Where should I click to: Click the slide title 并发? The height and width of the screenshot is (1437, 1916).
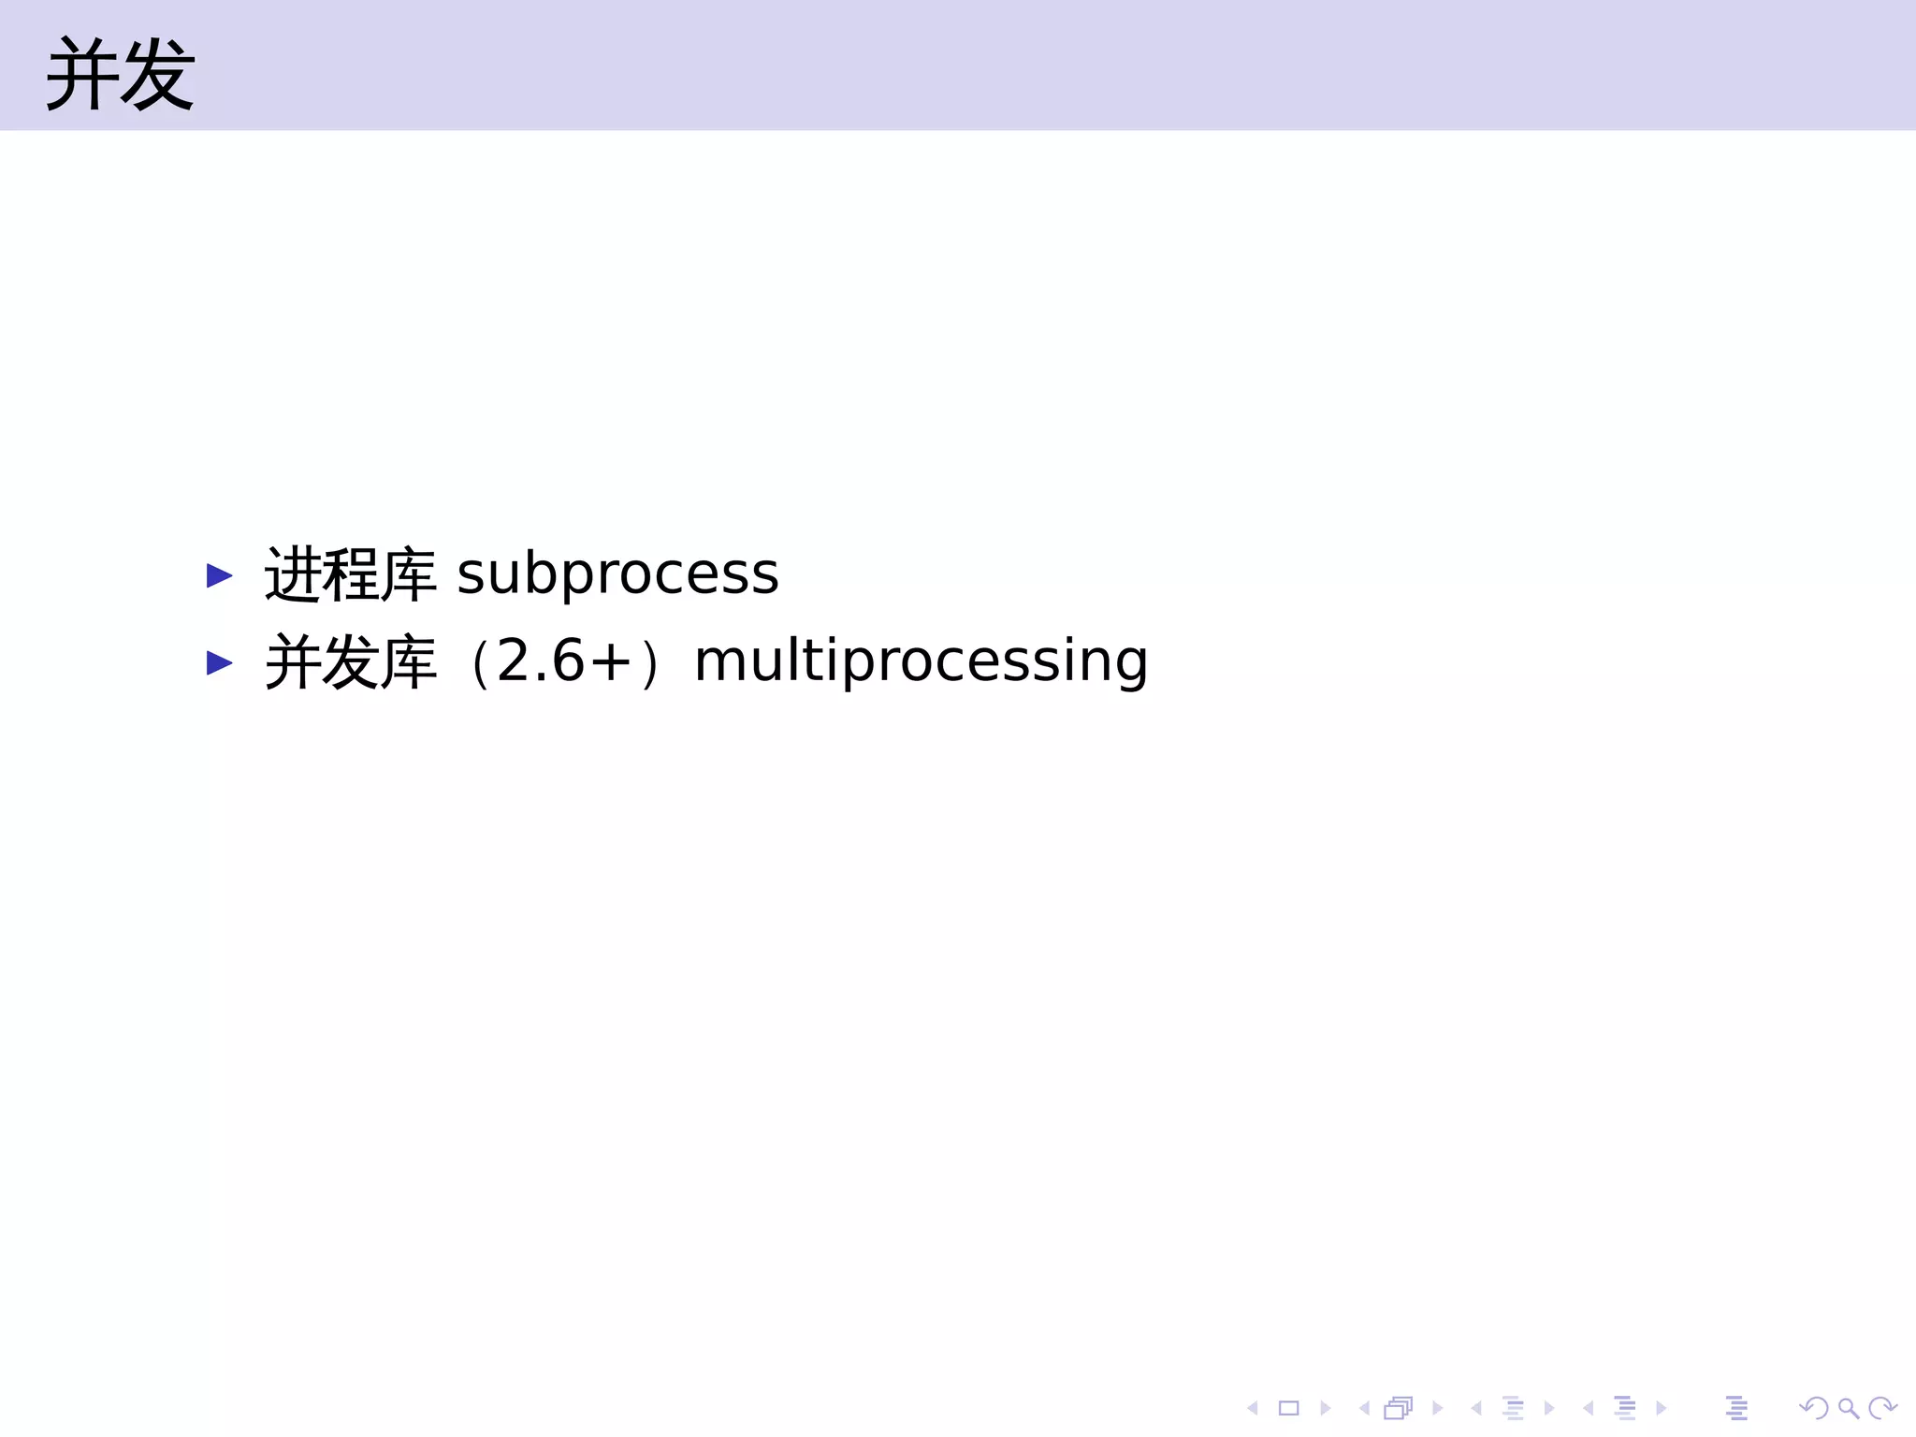(x=120, y=75)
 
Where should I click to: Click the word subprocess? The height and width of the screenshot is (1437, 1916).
(x=617, y=573)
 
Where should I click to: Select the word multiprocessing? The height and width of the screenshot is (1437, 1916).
(x=921, y=661)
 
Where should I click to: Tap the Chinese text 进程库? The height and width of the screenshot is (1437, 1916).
(x=350, y=574)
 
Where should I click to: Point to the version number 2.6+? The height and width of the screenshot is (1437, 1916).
(x=564, y=660)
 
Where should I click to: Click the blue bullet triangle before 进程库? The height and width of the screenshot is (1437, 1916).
(x=219, y=575)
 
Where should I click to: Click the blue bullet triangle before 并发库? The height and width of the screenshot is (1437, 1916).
(x=219, y=663)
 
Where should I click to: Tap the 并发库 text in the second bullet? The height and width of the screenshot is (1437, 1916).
(x=350, y=662)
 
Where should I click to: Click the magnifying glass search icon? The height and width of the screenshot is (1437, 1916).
(x=1848, y=1408)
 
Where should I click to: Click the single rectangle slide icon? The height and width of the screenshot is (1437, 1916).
(x=1289, y=1408)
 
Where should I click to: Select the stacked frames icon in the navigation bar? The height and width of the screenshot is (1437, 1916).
(x=1398, y=1408)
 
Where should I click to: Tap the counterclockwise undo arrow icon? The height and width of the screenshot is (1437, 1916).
(x=1814, y=1408)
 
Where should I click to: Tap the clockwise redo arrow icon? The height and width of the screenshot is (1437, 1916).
(x=1881, y=1408)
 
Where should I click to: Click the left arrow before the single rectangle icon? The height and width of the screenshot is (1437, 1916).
(x=1253, y=1408)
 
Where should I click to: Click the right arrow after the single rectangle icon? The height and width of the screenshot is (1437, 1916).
(x=1326, y=1408)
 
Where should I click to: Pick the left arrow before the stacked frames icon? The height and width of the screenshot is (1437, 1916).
(x=1364, y=1408)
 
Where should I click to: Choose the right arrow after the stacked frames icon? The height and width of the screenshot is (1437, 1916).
(x=1438, y=1408)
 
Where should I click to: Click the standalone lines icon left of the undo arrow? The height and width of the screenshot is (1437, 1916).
(x=1736, y=1408)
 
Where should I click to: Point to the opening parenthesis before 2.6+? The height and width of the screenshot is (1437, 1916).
(x=479, y=662)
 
